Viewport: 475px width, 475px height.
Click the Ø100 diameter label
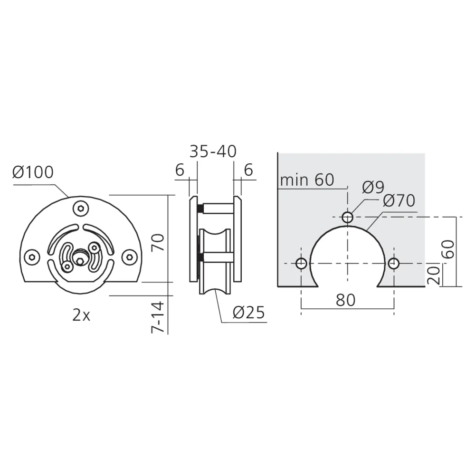33,172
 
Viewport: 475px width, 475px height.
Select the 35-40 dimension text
213,152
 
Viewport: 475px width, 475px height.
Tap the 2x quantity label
81,315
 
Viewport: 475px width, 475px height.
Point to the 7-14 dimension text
159,316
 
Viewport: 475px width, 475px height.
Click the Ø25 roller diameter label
248,313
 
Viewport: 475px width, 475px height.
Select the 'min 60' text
307,180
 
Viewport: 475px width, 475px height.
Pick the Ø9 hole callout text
373,188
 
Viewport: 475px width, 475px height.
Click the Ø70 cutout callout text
399,201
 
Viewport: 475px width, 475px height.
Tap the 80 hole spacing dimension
346,300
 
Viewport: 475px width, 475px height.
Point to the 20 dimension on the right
434,275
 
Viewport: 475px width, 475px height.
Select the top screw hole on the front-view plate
81,208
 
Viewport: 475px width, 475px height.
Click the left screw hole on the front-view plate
32,257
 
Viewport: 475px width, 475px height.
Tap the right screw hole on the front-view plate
129,257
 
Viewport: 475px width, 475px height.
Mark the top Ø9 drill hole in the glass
348,218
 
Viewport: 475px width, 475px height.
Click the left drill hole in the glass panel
301,264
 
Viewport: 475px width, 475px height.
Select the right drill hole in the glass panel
393,264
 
